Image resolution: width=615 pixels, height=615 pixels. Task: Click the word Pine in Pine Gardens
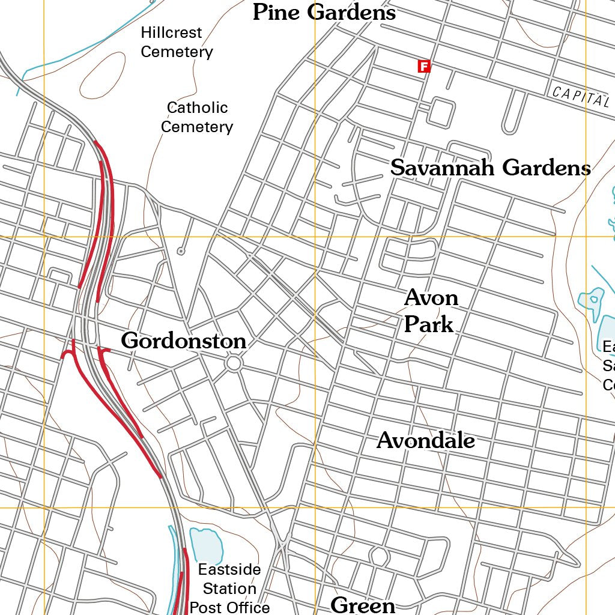[276, 12]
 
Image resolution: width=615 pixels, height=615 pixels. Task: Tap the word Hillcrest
[171, 32]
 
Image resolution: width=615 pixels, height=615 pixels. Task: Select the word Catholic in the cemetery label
[197, 108]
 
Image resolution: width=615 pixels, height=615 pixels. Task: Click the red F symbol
[424, 67]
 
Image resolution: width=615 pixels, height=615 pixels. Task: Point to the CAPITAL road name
[580, 95]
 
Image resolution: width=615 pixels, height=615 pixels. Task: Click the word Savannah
[443, 168]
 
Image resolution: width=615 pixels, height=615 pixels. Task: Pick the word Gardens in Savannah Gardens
[547, 168]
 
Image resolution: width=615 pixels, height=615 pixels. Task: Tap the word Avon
[431, 297]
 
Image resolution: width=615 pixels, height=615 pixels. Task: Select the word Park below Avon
[428, 324]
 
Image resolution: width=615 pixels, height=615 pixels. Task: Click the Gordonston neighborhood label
[184, 341]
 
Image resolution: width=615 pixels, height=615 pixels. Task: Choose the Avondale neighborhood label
[426, 441]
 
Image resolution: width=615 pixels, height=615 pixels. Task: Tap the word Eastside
[229, 569]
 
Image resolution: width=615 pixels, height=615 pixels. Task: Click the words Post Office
[229, 607]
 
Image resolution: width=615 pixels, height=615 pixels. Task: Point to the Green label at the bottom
[363, 605]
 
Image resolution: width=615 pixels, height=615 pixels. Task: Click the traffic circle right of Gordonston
[234, 363]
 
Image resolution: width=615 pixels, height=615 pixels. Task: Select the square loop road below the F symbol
[440, 112]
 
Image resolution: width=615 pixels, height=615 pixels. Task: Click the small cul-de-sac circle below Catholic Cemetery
[180, 251]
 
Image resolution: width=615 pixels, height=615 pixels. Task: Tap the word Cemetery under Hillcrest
[177, 52]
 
